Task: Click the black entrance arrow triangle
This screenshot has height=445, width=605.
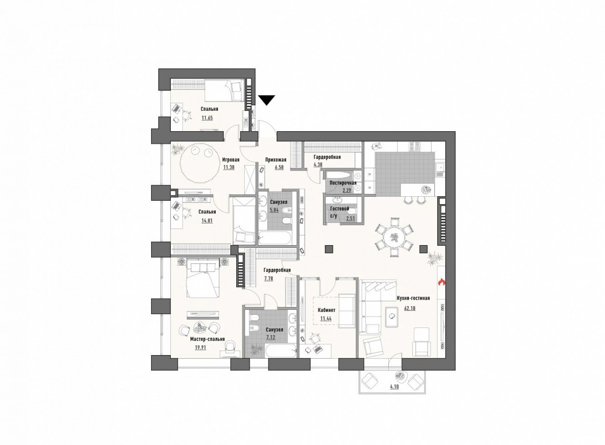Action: (266, 100)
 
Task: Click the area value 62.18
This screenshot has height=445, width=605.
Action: (410, 308)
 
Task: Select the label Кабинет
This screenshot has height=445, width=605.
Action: (327, 310)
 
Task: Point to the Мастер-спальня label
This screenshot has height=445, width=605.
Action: (208, 339)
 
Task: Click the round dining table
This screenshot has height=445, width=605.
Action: (394, 238)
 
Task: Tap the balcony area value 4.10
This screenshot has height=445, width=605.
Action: (395, 386)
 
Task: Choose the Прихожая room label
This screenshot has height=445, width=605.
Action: (276, 159)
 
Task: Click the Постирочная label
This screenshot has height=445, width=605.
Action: (343, 183)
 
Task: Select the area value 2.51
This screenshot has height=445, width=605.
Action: (350, 218)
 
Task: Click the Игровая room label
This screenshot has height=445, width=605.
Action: (231, 159)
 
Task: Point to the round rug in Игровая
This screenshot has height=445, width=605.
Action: (199, 165)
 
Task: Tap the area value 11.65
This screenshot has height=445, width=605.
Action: (207, 118)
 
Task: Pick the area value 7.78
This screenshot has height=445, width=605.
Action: (268, 278)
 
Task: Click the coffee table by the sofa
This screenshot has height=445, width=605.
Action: (392, 317)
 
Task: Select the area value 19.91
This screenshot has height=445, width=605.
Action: (200, 347)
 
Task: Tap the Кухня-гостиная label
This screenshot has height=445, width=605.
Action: (413, 298)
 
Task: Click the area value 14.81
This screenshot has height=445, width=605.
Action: (207, 220)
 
